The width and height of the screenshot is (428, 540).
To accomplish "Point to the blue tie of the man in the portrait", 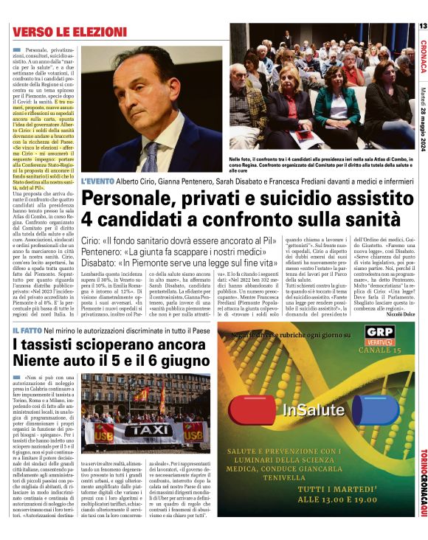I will [x=152, y=154].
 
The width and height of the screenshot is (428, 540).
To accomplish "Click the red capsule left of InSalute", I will [x=258, y=409].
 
